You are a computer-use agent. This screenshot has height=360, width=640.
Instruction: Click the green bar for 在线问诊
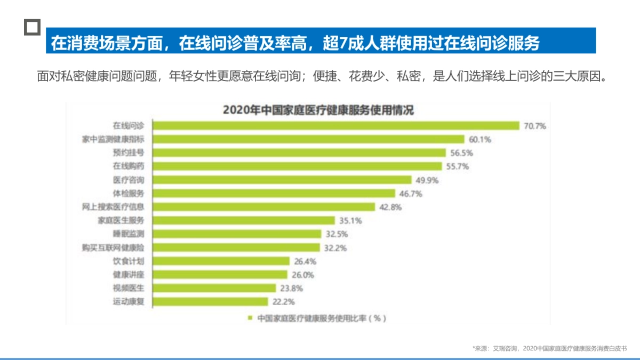(336, 126)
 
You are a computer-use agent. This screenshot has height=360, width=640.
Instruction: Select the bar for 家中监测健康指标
(309, 139)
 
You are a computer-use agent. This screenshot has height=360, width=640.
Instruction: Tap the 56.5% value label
(462, 153)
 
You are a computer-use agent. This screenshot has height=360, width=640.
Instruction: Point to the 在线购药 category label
(129, 166)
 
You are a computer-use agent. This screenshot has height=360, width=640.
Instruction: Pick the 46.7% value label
(411, 194)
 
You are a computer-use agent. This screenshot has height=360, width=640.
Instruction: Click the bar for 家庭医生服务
(244, 220)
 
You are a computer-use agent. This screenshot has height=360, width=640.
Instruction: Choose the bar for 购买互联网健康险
(236, 247)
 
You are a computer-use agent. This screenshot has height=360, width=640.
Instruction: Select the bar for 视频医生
(214, 288)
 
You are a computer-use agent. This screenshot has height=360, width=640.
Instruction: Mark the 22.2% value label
(283, 302)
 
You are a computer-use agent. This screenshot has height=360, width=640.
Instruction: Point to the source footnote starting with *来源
(549, 348)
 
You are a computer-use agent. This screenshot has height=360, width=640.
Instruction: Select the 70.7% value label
(535, 126)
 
